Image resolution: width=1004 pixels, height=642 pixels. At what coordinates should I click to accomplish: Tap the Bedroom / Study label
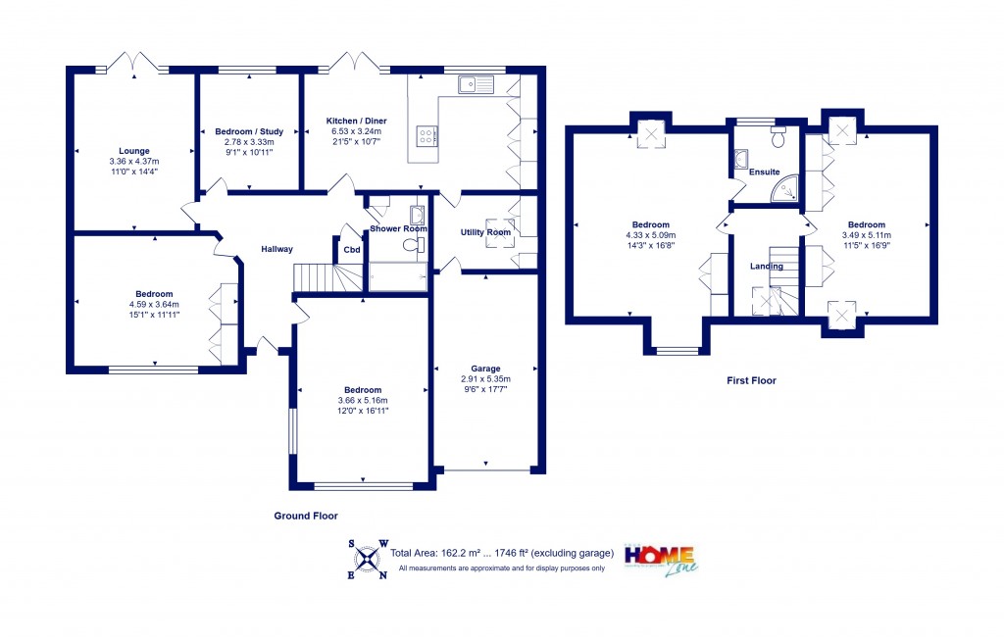tap(249, 131)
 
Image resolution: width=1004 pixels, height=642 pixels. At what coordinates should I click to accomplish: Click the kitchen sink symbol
tap(479, 85)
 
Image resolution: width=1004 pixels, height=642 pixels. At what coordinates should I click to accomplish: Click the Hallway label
tap(276, 249)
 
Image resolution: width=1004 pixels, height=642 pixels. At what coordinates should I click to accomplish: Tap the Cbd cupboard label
tap(350, 249)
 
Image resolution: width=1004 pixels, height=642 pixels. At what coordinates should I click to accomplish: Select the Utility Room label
tap(485, 232)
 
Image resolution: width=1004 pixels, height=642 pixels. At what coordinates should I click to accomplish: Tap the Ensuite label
tap(764, 173)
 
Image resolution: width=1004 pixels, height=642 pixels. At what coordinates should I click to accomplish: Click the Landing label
tap(766, 266)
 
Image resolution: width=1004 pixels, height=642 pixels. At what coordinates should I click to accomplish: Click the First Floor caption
tap(750, 380)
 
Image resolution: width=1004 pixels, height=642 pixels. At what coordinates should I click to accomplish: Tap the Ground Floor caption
tap(305, 516)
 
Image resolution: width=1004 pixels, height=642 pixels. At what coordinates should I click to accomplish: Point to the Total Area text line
tap(502, 553)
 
